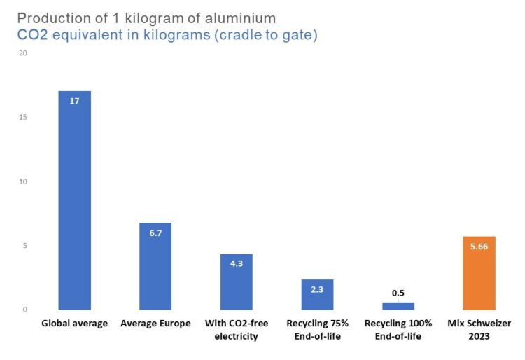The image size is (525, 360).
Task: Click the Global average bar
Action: click(75, 200)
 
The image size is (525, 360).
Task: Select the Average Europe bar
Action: click(155, 266)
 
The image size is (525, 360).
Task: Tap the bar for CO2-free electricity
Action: click(237, 282)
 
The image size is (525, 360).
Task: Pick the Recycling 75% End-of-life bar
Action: click(317, 295)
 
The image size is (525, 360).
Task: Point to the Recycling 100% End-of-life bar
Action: click(398, 306)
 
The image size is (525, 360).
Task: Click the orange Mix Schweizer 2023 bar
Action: click(479, 273)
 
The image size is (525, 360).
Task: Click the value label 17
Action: click(74, 101)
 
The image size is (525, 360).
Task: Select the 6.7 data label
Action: click(155, 233)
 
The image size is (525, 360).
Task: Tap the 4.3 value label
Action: click(237, 263)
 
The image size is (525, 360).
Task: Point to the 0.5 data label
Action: click(398, 293)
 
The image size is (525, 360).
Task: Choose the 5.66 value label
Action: click(479, 247)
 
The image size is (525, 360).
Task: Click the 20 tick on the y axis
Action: click(23, 53)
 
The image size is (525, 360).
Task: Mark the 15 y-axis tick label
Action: click(23, 117)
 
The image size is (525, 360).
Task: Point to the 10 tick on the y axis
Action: click(23, 181)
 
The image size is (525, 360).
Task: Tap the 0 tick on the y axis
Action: click(24, 310)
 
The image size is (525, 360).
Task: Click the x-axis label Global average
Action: click(75, 324)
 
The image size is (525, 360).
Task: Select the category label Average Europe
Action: click(155, 324)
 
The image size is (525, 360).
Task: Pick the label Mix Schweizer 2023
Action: click(479, 330)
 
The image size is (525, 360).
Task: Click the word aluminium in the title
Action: click(240, 18)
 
